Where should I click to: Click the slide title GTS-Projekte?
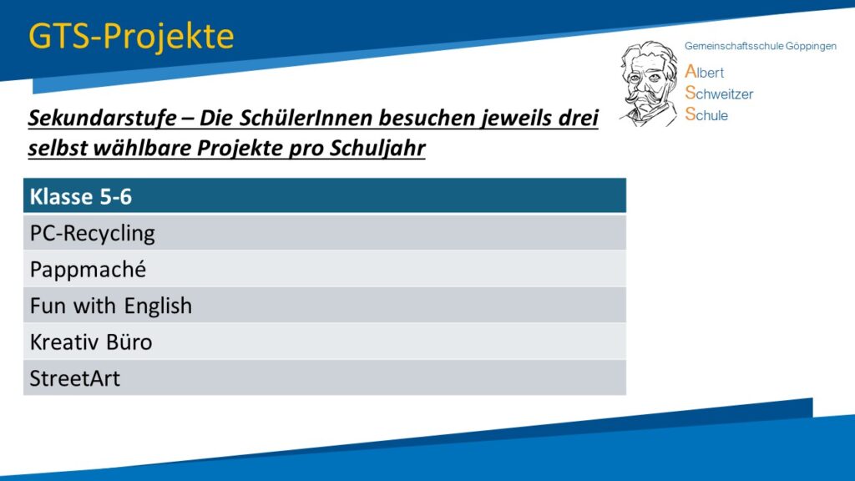click(x=131, y=37)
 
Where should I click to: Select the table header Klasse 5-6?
click(x=81, y=196)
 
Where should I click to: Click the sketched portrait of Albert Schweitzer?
click(x=648, y=84)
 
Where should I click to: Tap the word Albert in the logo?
click(x=705, y=72)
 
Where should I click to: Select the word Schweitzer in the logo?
click(x=719, y=94)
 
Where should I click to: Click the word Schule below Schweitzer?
click(x=706, y=114)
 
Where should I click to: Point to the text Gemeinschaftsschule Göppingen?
click(x=760, y=47)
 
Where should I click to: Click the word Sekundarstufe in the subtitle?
click(x=103, y=118)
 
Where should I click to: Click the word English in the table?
click(x=158, y=306)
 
